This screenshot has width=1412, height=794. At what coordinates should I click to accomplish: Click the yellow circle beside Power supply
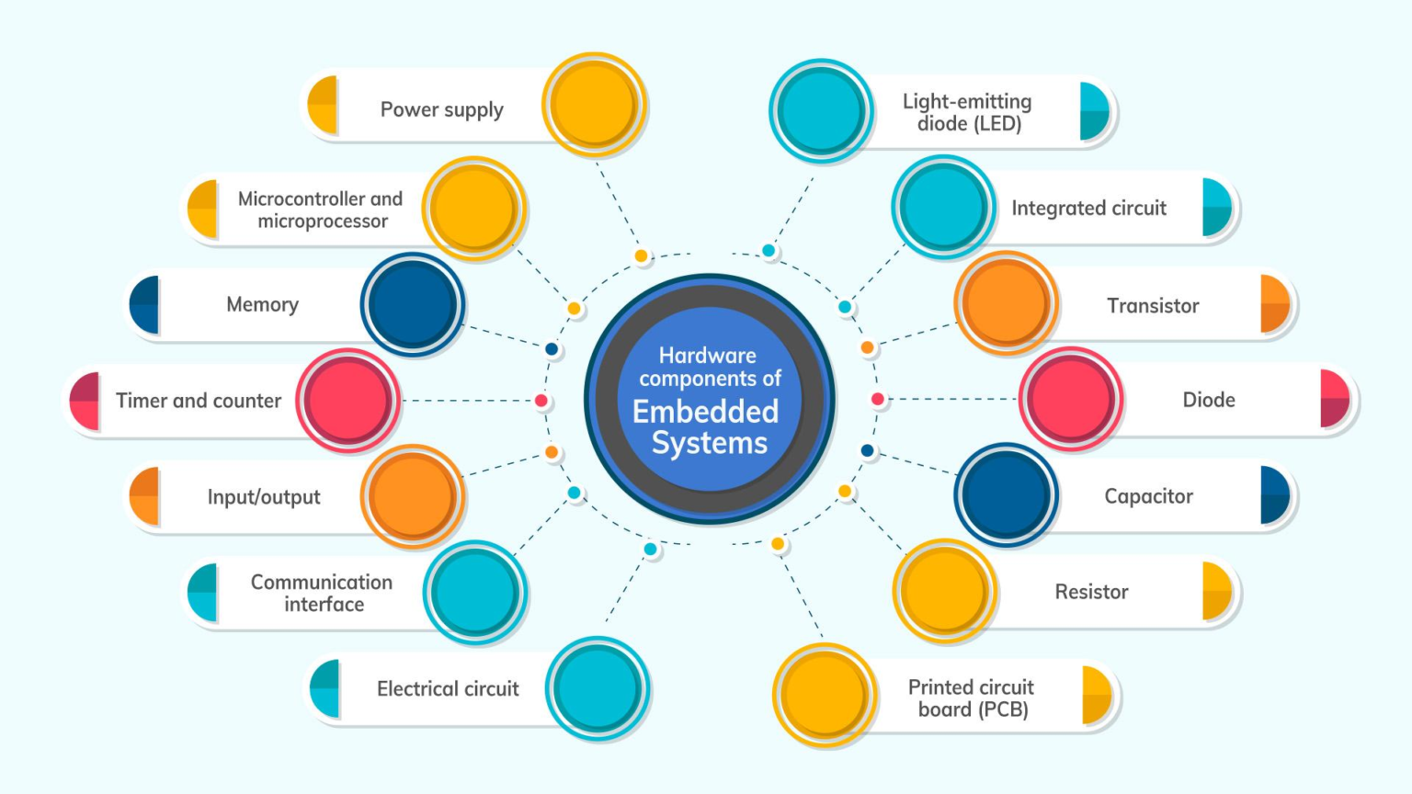[x=595, y=105]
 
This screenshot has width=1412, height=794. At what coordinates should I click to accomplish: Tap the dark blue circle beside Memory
[x=413, y=304]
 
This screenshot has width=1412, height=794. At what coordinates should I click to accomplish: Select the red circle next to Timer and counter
[x=348, y=401]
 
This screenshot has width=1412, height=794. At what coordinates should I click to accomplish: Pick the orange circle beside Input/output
[x=413, y=496]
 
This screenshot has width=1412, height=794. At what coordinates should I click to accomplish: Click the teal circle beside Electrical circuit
[x=598, y=688]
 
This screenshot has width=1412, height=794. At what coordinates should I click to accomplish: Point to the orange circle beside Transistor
[x=1006, y=303]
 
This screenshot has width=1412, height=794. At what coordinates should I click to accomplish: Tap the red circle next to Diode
[x=1071, y=399]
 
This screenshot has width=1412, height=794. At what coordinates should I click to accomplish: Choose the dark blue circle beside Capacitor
[x=1006, y=495]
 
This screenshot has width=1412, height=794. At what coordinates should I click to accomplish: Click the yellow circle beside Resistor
[x=944, y=591]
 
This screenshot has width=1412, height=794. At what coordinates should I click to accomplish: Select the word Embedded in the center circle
[x=705, y=412]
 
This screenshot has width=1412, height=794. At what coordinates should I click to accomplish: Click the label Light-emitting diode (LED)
[x=968, y=112]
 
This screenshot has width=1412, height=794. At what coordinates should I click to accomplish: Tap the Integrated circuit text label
[x=1088, y=209]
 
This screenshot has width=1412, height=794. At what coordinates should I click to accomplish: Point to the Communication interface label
[x=322, y=593]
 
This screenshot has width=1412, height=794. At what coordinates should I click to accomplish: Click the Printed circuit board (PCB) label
[x=972, y=698]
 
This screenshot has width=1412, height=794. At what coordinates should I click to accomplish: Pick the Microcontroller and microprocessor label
[x=321, y=210]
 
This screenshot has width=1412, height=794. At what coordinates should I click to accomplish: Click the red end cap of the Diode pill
[x=1335, y=399]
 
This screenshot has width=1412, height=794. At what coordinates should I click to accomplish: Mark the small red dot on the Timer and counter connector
[x=541, y=401]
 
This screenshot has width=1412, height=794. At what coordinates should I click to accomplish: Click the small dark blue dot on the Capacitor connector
[x=868, y=451]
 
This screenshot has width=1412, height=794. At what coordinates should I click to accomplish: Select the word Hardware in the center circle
[x=708, y=356]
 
